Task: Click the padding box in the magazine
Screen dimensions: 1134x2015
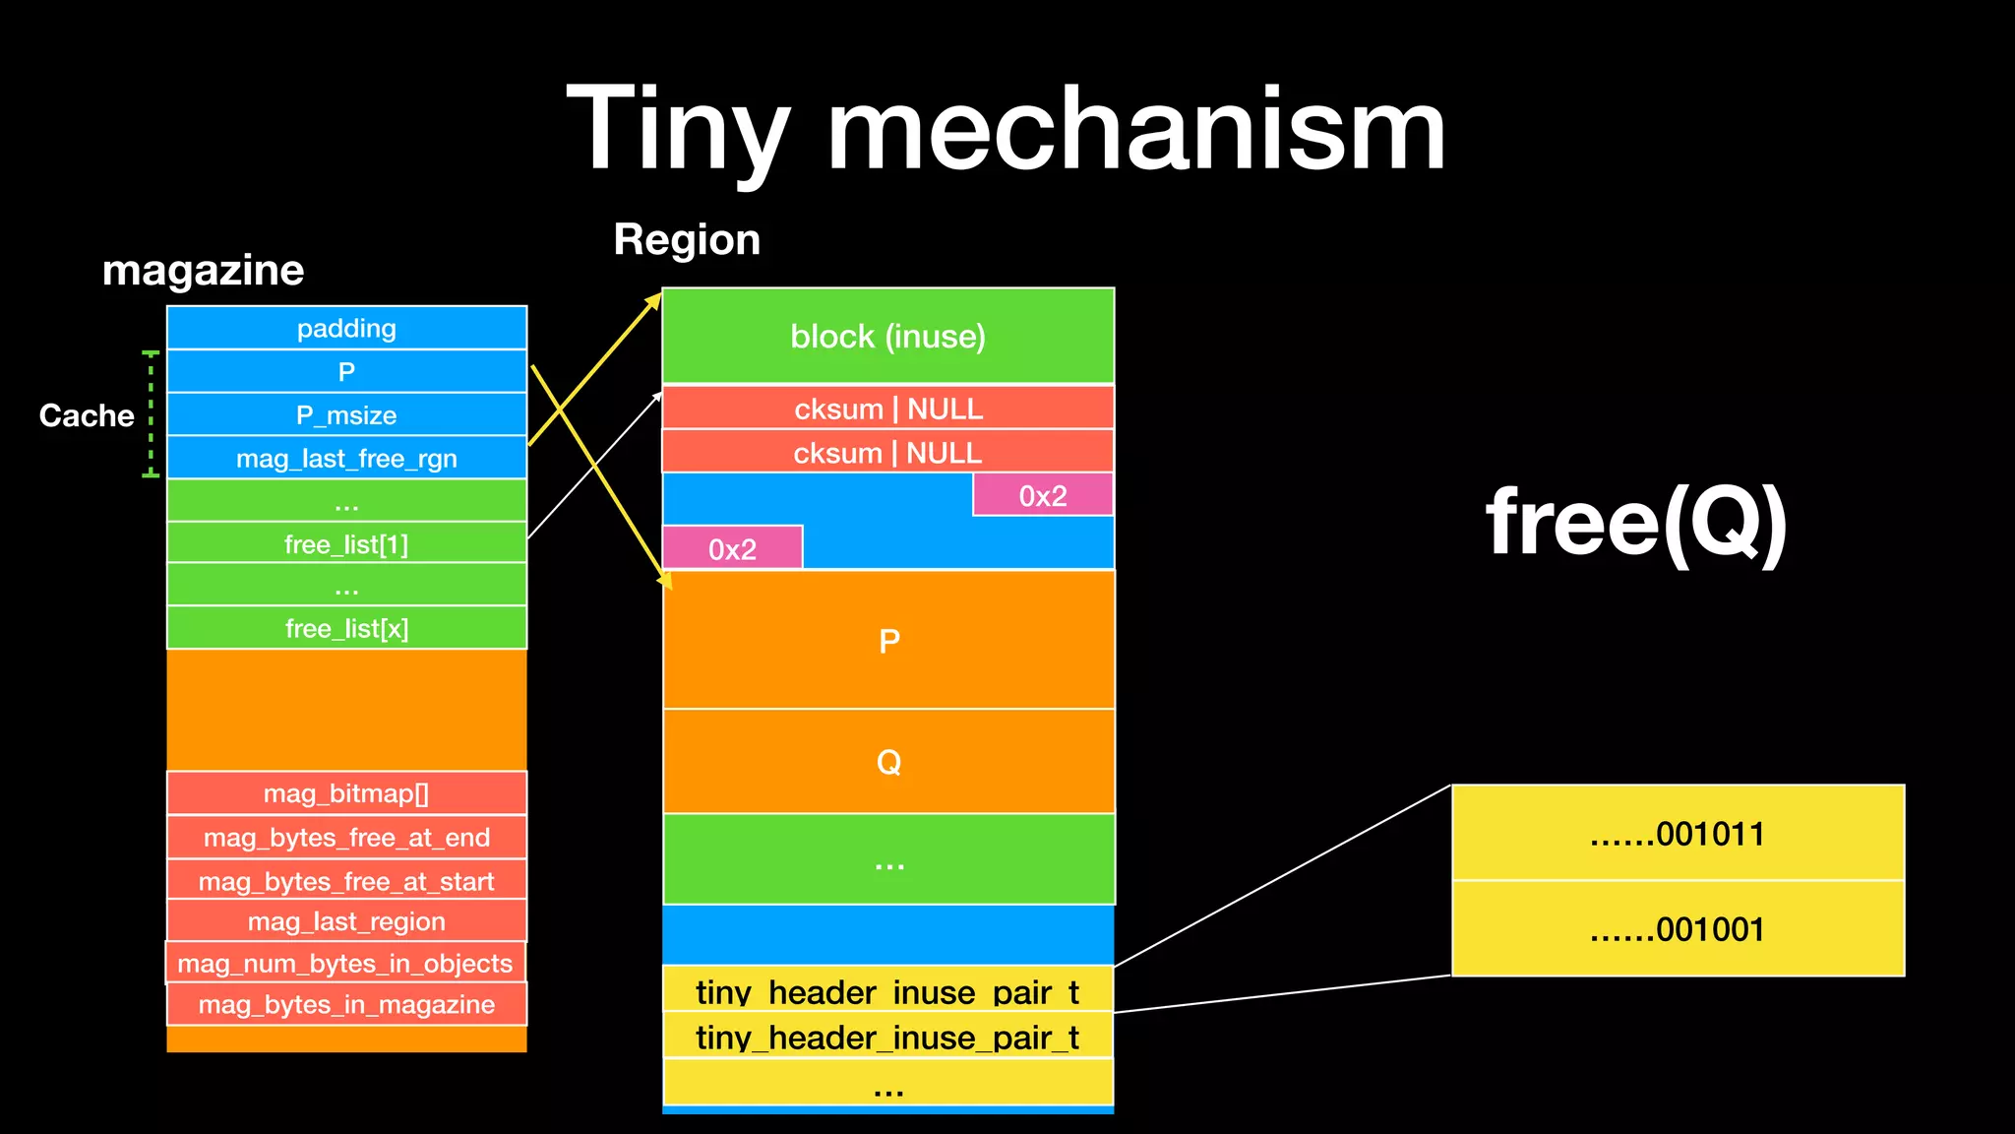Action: pyautogui.click(x=346, y=328)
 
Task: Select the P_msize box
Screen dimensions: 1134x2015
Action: pyautogui.click(x=346, y=414)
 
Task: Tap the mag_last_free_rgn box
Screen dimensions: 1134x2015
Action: pyautogui.click(x=346, y=458)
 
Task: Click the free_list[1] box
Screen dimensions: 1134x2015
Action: pyautogui.click(x=346, y=543)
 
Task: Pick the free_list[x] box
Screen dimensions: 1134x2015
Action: pyautogui.click(x=346, y=628)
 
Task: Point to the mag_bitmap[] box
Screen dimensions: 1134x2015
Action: pyautogui.click(x=346, y=793)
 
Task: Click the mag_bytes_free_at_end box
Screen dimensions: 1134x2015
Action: pyautogui.click(x=346, y=837)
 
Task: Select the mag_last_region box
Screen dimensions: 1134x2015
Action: pyautogui.click(x=346, y=921)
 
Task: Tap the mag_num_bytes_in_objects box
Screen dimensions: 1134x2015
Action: pyautogui.click(x=345, y=963)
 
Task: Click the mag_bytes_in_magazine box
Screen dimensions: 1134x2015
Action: pyautogui.click(x=346, y=1004)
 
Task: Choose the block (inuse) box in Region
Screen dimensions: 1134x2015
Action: pyautogui.click(x=887, y=336)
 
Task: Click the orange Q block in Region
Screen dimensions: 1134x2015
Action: pyautogui.click(x=888, y=761)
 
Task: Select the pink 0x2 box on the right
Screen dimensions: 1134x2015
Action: pyautogui.click(x=1043, y=495)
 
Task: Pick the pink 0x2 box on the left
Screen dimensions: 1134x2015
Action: pyautogui.click(x=732, y=548)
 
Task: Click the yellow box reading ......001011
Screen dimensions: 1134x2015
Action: pyautogui.click(x=1678, y=833)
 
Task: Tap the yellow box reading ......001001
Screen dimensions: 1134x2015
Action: pyautogui.click(x=1678, y=928)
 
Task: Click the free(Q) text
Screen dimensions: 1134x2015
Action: pyautogui.click(x=1636, y=522)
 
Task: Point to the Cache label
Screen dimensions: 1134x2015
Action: pyautogui.click(x=87, y=415)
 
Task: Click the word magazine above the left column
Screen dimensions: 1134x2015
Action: pyautogui.click(x=203, y=270)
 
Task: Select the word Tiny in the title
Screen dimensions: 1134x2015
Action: pyautogui.click(x=679, y=130)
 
